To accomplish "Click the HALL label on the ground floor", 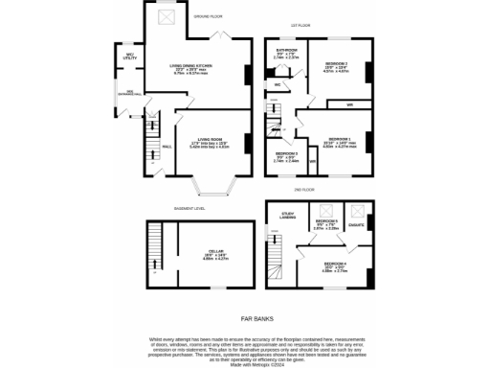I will [167, 147].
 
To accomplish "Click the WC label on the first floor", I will [277, 85].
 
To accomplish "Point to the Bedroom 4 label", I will [334, 265].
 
